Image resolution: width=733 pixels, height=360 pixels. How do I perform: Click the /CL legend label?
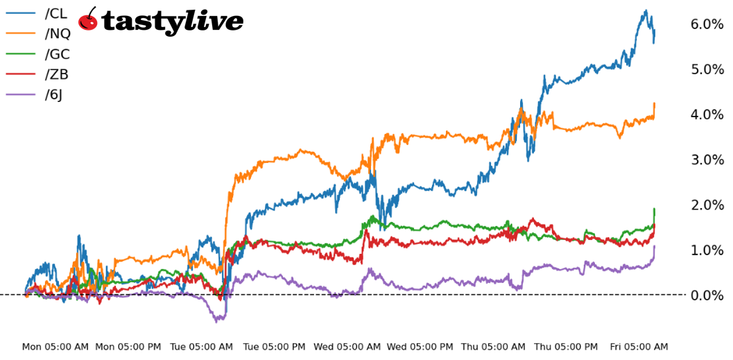56,13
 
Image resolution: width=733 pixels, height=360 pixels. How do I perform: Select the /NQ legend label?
57,33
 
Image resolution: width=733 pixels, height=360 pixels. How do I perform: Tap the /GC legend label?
57,54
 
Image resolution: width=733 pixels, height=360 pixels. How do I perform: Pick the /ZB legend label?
56,74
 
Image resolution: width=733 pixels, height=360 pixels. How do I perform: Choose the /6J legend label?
53,95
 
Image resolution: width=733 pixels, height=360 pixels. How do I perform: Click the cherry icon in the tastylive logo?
88,20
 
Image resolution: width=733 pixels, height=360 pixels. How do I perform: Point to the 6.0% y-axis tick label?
707,24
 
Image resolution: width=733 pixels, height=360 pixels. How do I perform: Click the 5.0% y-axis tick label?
707,69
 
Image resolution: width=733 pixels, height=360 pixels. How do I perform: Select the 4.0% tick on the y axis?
707,114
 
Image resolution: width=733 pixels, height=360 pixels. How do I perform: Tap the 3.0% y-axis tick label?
707,160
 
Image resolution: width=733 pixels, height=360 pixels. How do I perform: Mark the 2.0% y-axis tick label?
707,205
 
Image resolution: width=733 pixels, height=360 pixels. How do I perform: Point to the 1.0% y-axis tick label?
707,250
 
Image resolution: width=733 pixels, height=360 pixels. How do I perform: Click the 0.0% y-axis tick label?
707,295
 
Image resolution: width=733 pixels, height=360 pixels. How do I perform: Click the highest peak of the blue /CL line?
646,10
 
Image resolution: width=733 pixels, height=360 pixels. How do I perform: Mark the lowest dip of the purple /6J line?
217,322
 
